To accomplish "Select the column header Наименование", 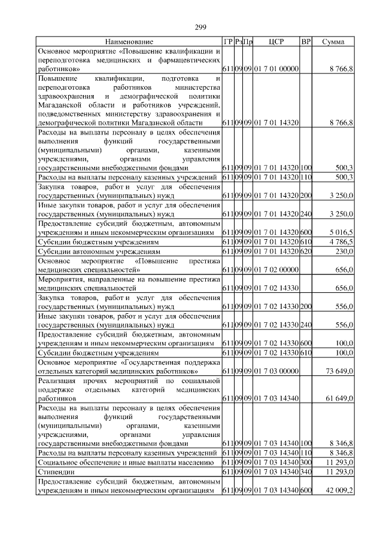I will [129, 42].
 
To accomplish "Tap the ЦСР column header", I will [276, 42].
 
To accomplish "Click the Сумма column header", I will [333, 42].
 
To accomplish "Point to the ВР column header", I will [306, 42].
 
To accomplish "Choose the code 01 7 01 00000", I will [276, 70].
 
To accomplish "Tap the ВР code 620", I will [306, 252].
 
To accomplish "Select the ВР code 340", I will [306, 472].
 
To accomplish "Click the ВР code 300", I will [306, 462].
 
